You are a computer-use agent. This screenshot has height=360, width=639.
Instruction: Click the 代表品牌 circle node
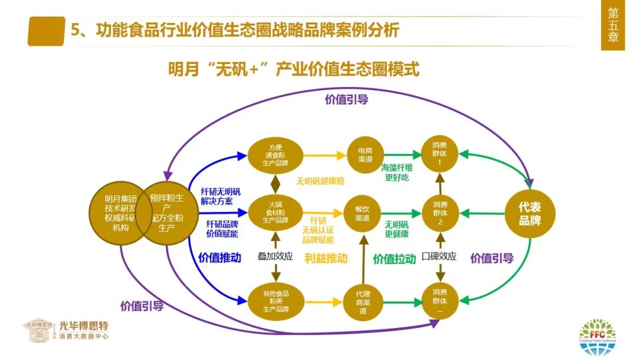(x=530, y=213)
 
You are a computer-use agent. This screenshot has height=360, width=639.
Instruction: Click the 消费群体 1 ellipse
(x=440, y=155)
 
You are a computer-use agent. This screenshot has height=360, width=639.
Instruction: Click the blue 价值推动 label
(x=220, y=258)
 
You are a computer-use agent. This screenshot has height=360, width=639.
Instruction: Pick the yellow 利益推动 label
(x=326, y=258)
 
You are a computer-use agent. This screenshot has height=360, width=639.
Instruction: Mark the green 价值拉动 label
(x=394, y=258)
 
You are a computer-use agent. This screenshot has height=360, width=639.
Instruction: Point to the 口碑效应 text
(x=439, y=256)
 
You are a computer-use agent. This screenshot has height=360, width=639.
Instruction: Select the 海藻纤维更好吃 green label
(x=396, y=173)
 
